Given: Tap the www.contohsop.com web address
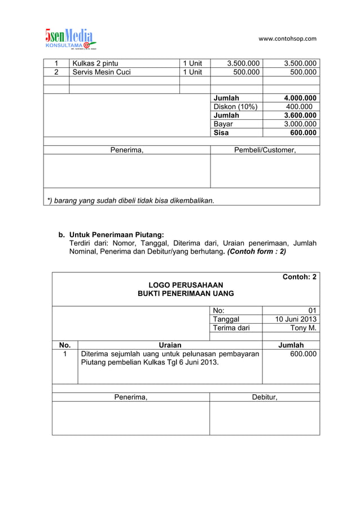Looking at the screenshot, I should (287, 39).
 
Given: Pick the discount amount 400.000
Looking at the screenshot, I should (298, 107).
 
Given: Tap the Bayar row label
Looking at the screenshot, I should (223, 124).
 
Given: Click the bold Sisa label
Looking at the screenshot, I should (221, 133).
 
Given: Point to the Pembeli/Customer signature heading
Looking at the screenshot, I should (265, 150).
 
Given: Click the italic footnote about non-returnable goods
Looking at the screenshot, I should (130, 200).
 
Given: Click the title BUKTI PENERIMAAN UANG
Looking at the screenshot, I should (186, 294).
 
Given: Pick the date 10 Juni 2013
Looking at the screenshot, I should (295, 319).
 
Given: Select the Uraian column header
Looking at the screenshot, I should (170, 345).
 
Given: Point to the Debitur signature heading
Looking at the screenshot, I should (265, 397).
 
